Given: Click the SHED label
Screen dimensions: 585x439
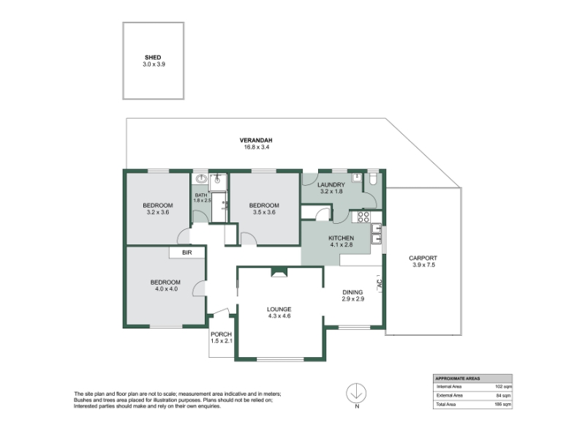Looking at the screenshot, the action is coord(153,58).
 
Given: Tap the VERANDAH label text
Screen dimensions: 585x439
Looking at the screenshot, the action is coord(256,140).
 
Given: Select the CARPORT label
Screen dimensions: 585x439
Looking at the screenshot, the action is coord(423,258).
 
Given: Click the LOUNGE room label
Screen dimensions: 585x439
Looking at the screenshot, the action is coord(279,309).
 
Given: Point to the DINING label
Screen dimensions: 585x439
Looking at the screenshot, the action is coord(352,292).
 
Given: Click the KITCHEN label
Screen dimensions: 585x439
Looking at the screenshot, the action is coord(341,239).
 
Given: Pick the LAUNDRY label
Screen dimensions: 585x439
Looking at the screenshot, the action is coord(331,185).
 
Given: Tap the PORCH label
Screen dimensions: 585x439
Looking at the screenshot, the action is coord(222,334).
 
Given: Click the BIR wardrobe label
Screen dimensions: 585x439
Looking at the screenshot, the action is coord(187,252).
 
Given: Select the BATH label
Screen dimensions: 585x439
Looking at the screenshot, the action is coord(201,195).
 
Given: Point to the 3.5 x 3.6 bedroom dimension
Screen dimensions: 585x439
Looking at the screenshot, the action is coord(264,212).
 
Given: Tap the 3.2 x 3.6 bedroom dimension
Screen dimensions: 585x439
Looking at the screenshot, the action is coord(158,212).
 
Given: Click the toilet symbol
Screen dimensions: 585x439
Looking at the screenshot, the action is coord(373,179).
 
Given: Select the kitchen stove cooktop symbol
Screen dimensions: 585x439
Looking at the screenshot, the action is coord(363,217).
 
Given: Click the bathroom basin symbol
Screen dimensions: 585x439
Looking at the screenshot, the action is coord(202,179).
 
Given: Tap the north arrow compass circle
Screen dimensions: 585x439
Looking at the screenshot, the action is coord(356,393).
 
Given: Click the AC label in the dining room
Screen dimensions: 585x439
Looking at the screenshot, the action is coord(380,283).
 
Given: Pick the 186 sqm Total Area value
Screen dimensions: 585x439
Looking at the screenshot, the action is coord(502,405).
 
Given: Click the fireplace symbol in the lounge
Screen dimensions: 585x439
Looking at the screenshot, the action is coord(279,272).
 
